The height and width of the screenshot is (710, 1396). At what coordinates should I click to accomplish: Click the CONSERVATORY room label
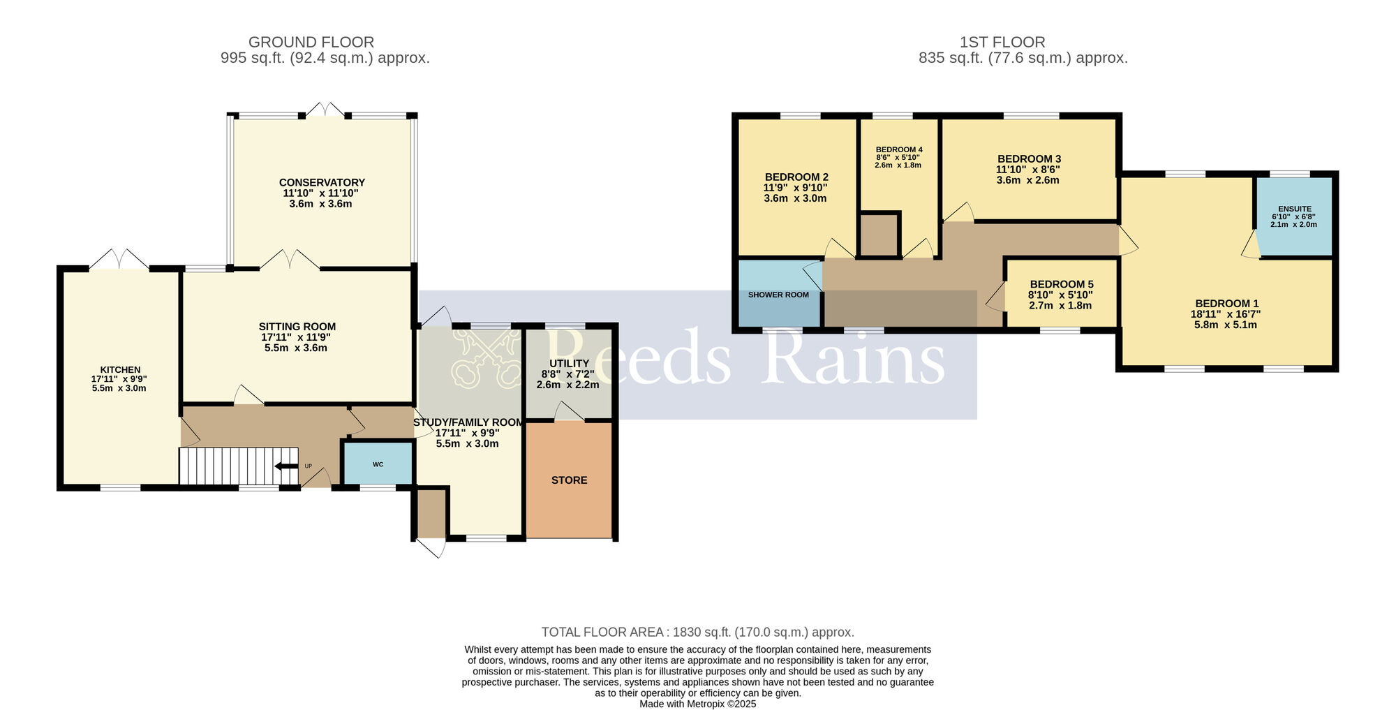[x=322, y=183]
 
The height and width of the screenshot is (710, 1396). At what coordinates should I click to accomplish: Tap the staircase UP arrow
[x=286, y=466]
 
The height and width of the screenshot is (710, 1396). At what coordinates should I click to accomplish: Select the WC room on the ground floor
[x=378, y=464]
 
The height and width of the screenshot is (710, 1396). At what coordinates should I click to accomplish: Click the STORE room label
[x=569, y=480]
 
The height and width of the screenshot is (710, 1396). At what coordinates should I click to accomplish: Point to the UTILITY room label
[x=569, y=364]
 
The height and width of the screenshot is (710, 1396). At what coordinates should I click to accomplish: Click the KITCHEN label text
[x=120, y=370]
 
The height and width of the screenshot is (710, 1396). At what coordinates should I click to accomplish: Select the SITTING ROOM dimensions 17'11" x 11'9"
[x=296, y=337]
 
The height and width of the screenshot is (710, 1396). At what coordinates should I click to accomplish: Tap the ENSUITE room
[x=1294, y=216]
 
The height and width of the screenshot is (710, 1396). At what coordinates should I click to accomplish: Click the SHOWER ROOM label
[x=778, y=295]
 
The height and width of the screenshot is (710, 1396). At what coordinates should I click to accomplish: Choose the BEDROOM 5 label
[x=1061, y=284]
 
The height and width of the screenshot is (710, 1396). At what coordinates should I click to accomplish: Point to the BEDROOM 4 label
[x=899, y=149]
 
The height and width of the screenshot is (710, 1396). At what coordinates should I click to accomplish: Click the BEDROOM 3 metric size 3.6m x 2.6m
[x=1027, y=180]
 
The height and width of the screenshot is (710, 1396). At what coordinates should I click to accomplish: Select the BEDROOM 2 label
[x=796, y=177]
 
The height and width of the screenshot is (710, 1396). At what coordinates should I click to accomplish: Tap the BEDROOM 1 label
[x=1226, y=304]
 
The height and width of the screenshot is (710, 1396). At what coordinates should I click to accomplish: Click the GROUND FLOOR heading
[x=311, y=42]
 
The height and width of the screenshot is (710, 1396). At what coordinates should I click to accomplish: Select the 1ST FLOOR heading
[x=1002, y=42]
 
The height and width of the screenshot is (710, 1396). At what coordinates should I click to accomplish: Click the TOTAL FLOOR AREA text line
[x=697, y=633]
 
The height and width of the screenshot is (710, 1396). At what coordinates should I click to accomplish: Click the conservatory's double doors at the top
[x=325, y=110]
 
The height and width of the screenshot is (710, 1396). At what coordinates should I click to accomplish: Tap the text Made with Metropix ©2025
[x=697, y=704]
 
